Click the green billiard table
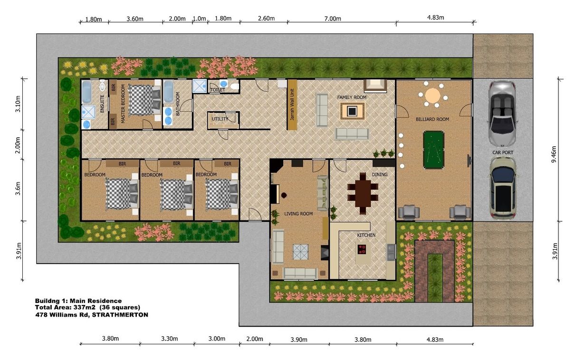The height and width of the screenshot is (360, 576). tap(433, 150)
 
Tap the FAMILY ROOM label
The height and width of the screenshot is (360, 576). tap(352, 97)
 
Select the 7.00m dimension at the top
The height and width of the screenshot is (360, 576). tap(333, 19)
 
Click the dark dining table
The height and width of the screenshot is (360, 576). tap(363, 193)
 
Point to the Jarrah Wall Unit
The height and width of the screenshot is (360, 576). tap(292, 104)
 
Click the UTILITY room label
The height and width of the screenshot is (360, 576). tap(220, 119)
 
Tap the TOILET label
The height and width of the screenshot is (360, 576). tap(218, 90)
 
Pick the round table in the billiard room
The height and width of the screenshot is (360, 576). tap(433, 95)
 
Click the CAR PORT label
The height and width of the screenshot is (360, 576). tap(503, 152)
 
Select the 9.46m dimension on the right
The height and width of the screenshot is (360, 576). tap(554, 154)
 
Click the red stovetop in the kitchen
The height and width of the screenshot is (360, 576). tap(362, 249)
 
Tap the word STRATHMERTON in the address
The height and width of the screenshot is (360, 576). tap(120, 315)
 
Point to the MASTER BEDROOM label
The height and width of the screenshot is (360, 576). tap(123, 104)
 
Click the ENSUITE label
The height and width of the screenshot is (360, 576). tap(102, 104)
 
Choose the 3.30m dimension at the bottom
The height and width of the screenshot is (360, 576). tap(170, 339)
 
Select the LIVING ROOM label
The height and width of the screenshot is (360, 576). tap(298, 214)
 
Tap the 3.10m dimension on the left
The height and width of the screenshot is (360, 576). tap(18, 104)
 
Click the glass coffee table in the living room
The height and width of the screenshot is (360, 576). tap(301, 252)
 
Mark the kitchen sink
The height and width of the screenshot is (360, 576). tap(391, 252)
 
